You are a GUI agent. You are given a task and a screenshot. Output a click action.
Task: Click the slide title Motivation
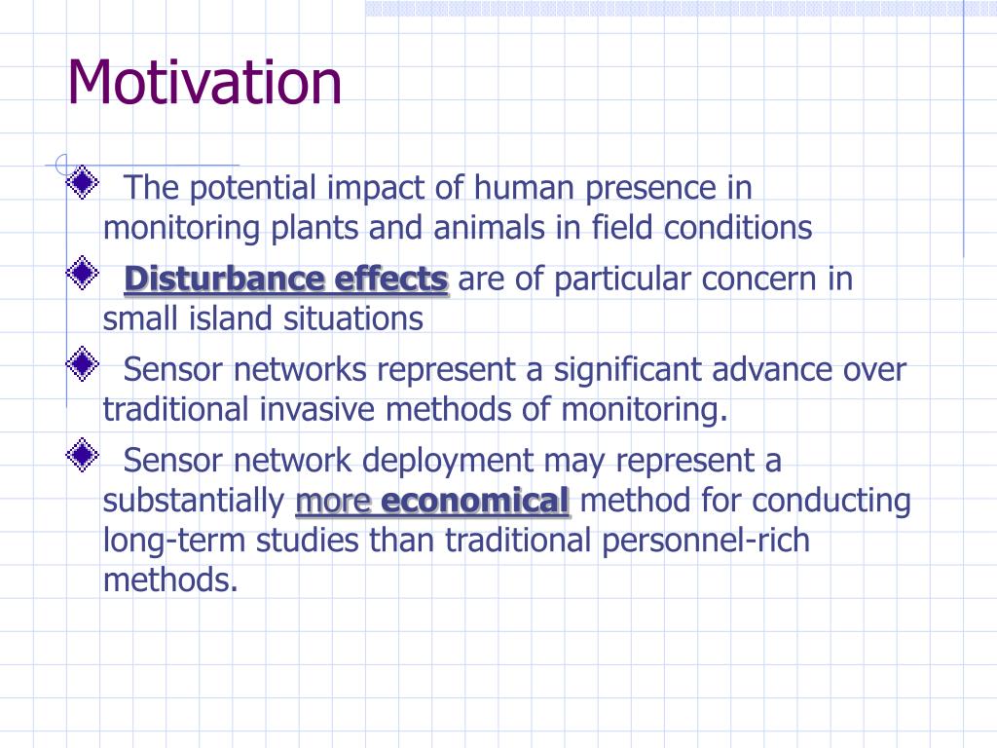coord(204,82)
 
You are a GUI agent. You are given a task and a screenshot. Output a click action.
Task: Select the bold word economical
coord(474,501)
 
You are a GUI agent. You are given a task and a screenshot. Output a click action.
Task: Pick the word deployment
coord(448,461)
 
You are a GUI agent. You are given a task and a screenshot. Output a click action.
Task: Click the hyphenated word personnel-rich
coord(706,541)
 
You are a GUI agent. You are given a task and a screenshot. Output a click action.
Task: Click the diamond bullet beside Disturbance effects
coord(83,273)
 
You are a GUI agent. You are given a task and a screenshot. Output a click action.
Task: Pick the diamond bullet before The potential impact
coord(83,182)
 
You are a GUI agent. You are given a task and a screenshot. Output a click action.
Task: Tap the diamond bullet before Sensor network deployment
coord(83,455)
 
